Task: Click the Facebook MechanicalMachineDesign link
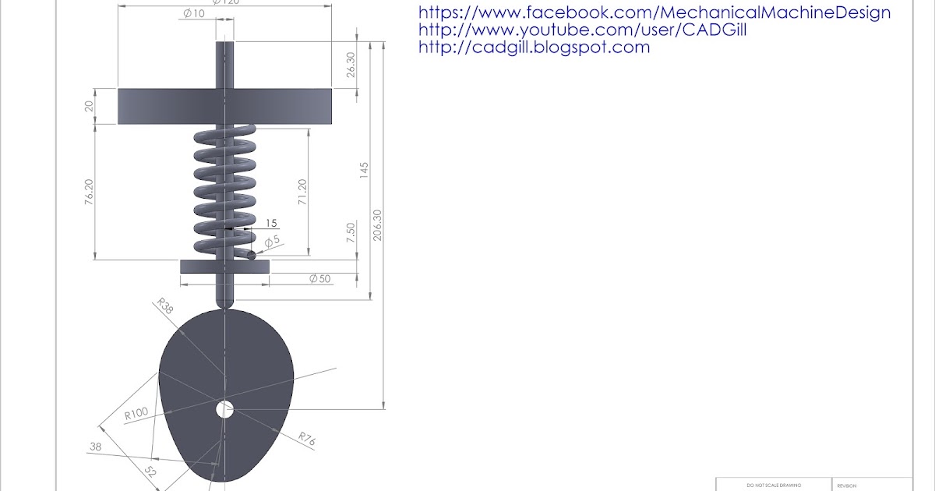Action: [x=654, y=12]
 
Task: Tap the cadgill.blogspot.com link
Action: [x=534, y=47]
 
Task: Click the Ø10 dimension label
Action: [x=193, y=13]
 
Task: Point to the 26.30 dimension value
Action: [x=351, y=64]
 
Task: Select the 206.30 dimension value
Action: [x=378, y=225]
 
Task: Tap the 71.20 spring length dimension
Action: [x=302, y=192]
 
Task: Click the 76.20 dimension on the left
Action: [x=90, y=192]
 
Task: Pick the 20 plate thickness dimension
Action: [x=89, y=106]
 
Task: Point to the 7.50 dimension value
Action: [x=351, y=232]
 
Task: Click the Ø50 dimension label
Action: [x=319, y=278]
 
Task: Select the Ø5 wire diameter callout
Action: [x=271, y=242]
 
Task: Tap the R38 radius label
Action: [x=164, y=304]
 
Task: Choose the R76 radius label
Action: [x=306, y=440]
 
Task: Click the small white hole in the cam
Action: [x=224, y=408]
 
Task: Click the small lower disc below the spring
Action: [x=224, y=267]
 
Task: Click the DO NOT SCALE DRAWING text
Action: [x=773, y=486]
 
